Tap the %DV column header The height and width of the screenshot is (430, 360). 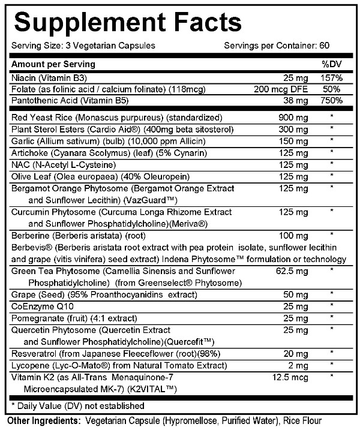tap(332, 64)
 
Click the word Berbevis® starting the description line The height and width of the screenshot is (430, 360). tap(28, 248)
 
